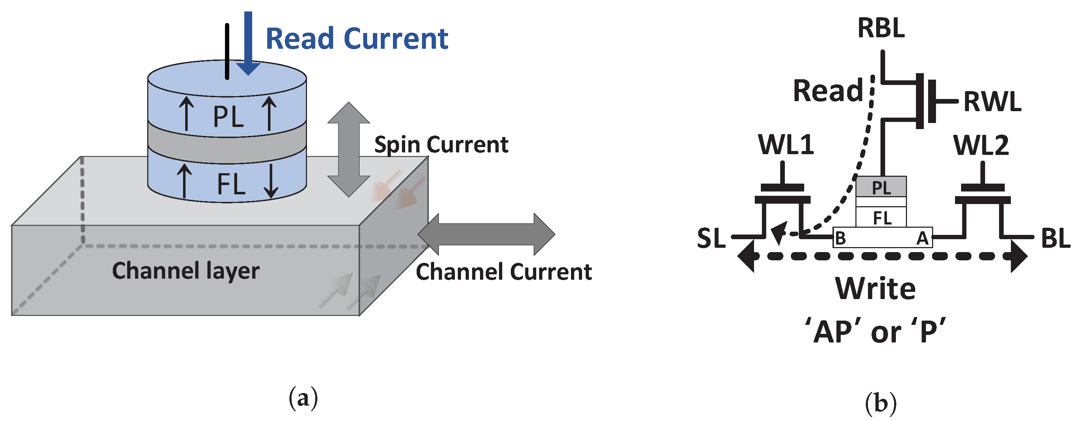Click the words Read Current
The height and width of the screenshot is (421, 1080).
357,39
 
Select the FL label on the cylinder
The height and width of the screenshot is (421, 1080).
231,184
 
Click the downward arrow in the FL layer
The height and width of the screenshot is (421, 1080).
271,181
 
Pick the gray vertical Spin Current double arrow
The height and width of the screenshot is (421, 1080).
349,150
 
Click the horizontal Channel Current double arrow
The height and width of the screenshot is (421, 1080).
486,234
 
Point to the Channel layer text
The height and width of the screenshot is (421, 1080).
186,271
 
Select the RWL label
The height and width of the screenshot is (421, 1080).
992,101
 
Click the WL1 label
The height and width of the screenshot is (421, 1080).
786,145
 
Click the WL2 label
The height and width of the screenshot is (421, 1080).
981,146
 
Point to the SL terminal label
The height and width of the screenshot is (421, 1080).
711,238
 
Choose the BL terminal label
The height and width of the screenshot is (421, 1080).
1056,238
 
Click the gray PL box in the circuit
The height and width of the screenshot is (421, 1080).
881,187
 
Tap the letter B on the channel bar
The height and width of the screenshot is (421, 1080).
840,238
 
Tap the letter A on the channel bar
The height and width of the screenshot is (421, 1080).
922,238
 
